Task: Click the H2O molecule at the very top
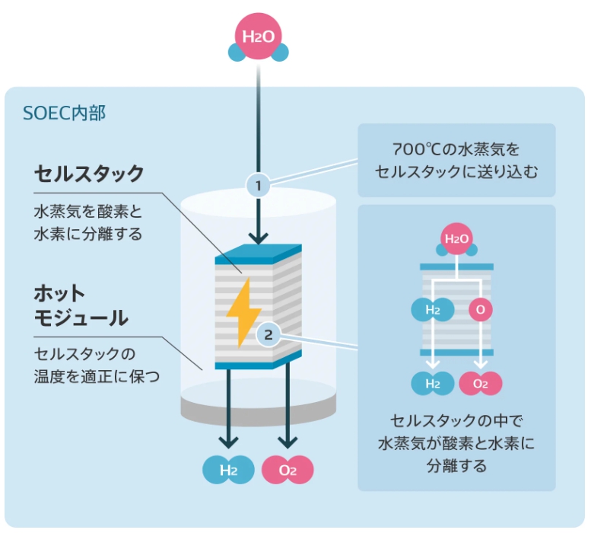(258, 38)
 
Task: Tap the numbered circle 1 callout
(258, 185)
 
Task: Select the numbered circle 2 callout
(268, 334)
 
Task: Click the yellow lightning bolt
(244, 312)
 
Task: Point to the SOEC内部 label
(64, 113)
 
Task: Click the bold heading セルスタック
(89, 174)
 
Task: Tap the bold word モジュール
(81, 318)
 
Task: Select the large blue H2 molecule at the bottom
(228, 470)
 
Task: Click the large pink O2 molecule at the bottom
(288, 470)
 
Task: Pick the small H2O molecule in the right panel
(457, 240)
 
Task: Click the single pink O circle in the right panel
(480, 310)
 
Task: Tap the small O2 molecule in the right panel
(480, 383)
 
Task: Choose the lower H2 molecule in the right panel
(433, 383)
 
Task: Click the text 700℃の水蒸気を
(456, 149)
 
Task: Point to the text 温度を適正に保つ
(97, 376)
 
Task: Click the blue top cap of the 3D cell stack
(258, 254)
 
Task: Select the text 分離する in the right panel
(456, 466)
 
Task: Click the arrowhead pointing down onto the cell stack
(258, 238)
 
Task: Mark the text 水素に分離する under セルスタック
(88, 234)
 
